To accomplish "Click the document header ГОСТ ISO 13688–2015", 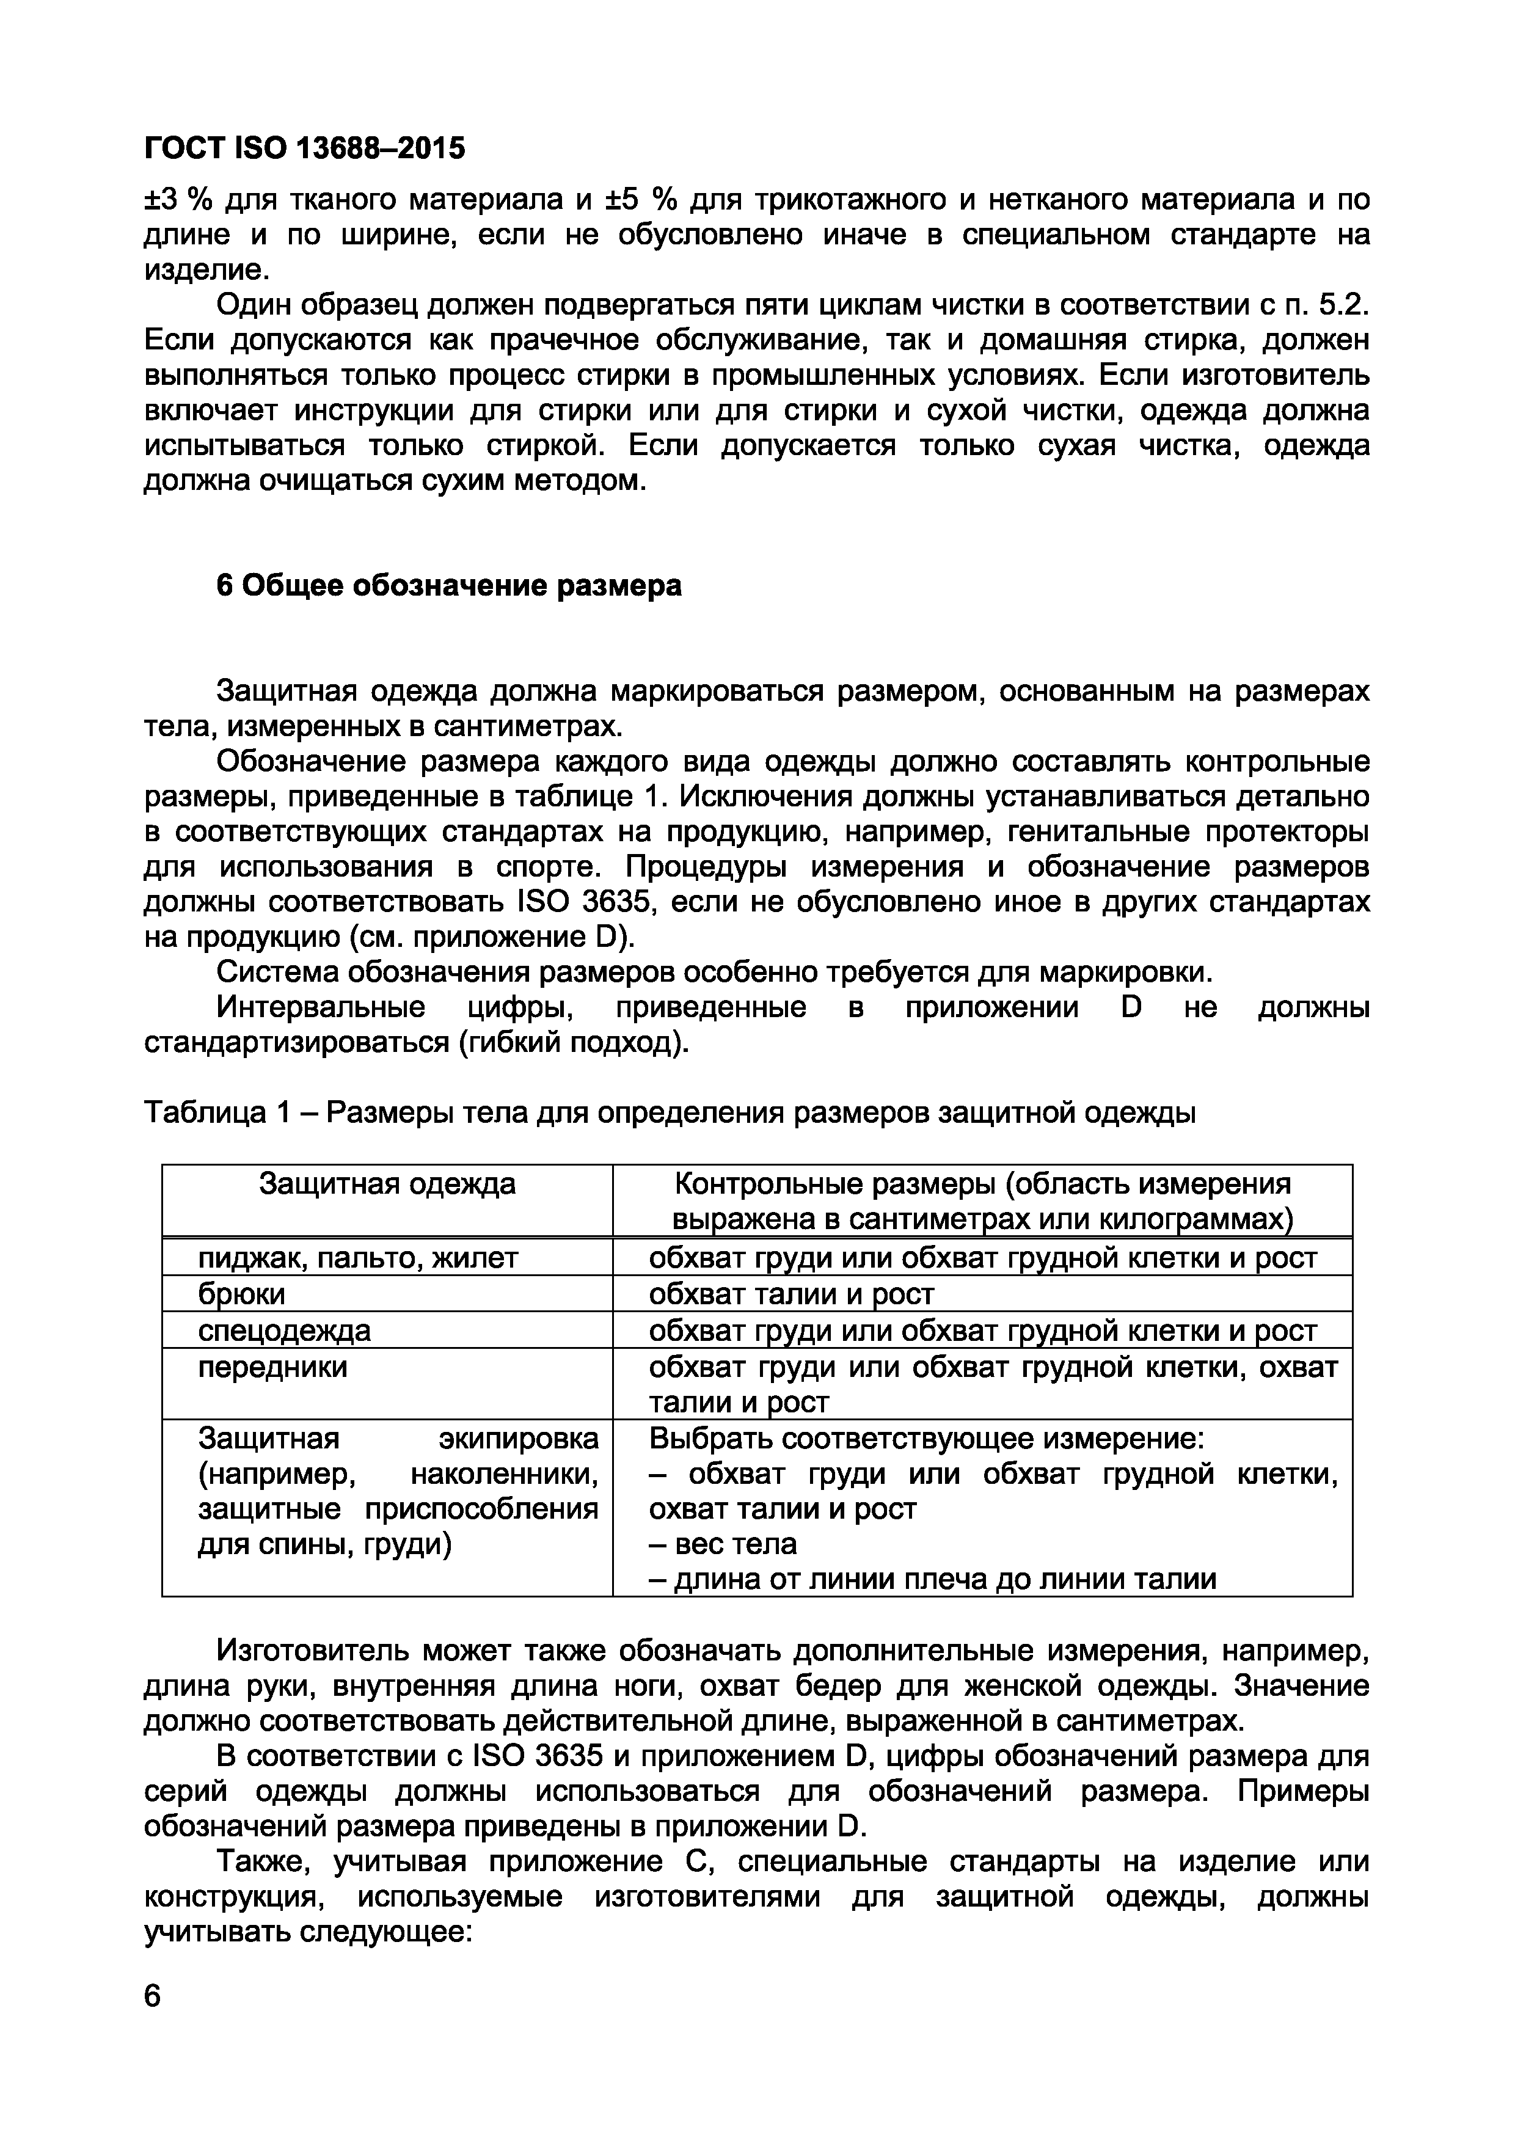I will click(304, 148).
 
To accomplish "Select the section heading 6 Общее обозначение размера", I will click(449, 585).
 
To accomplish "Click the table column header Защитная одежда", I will click(387, 1185).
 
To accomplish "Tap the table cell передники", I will click(272, 1367).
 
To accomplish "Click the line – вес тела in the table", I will click(723, 1545).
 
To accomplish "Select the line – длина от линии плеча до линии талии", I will click(933, 1579).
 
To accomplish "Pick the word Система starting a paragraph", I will click(278, 973).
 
